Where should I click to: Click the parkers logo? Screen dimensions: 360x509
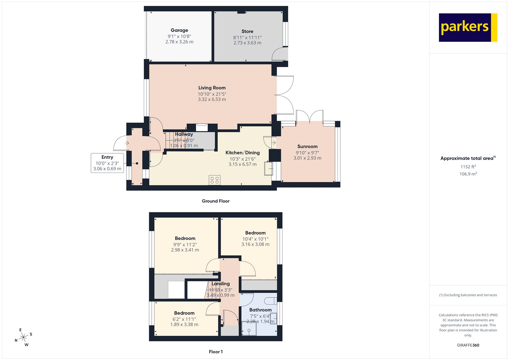tap(468, 27)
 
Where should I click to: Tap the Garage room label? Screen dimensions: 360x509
tap(179, 30)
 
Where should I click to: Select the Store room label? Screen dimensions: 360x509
tap(247, 31)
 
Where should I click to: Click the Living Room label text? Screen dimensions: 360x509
tap(212, 88)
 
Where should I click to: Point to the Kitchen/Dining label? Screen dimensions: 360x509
tap(242, 153)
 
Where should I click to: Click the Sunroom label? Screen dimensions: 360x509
tap(307, 146)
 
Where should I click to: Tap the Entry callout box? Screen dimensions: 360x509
tap(107, 163)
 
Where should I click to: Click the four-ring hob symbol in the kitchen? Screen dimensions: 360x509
tap(214, 180)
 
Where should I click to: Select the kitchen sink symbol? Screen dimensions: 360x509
tap(268, 169)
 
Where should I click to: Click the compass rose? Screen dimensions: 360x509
tap(24, 337)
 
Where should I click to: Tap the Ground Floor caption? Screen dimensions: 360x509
tap(215, 201)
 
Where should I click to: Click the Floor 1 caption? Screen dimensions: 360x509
tap(216, 352)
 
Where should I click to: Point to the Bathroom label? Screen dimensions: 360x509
tap(260, 310)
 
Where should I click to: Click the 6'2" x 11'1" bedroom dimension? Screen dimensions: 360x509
tap(184, 319)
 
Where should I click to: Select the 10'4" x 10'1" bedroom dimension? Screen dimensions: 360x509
tap(255, 239)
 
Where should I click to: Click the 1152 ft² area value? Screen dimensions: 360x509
tap(468, 166)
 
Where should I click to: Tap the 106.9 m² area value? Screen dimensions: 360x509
tap(468, 174)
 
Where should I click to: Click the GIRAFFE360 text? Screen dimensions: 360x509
tap(468, 345)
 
